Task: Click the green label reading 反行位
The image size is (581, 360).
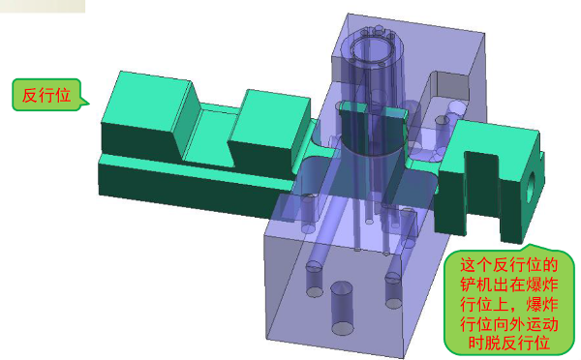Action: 46,95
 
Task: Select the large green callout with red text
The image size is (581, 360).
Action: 509,300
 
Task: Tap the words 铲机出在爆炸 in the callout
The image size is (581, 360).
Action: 509,285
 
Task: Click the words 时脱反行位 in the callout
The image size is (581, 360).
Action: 509,343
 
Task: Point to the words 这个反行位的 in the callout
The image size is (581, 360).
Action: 509,265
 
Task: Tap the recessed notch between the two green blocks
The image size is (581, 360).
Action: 211,137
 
